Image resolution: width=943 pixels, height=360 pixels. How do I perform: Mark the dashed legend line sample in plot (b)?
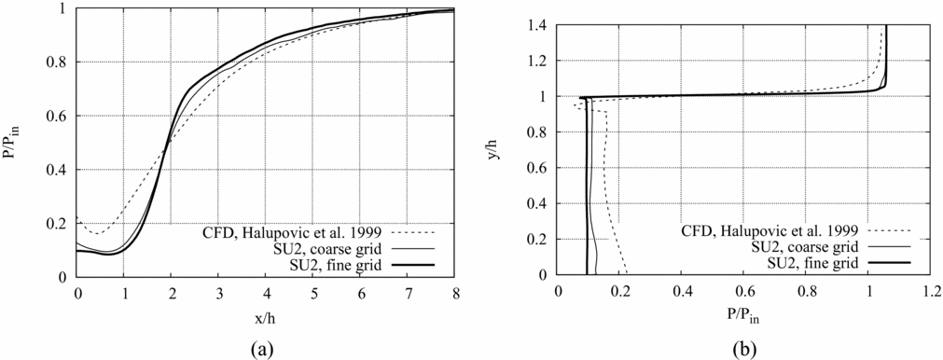coord(894,229)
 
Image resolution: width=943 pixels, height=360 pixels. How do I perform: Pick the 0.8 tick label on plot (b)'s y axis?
coord(539,133)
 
